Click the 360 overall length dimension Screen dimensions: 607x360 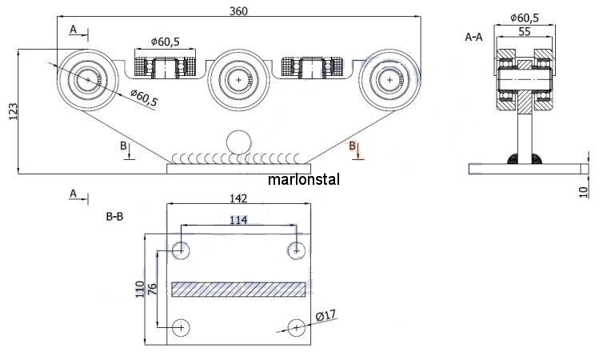[x=238, y=11]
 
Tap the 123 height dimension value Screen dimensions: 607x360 [x=13, y=111]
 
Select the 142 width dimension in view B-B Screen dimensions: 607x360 [x=238, y=198]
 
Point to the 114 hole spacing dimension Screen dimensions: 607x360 [x=238, y=220]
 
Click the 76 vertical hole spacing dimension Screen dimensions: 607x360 [x=153, y=289]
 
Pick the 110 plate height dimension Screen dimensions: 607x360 [x=140, y=289]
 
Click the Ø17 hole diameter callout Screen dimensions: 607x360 [x=325, y=315]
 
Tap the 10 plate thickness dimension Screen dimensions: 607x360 [x=583, y=192]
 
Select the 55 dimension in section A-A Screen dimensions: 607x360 [x=524, y=31]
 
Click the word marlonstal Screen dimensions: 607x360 [x=304, y=179]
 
